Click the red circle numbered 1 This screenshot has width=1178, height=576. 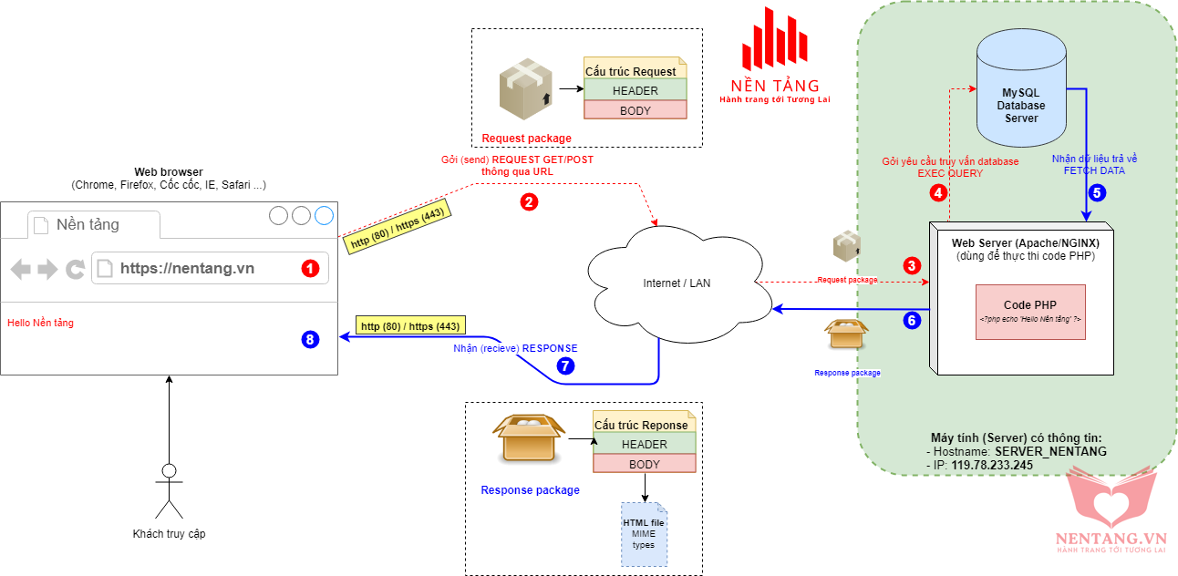tap(310, 268)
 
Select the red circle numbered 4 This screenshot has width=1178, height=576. tap(937, 193)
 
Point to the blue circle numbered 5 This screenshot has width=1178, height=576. tap(1097, 192)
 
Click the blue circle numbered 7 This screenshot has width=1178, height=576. tap(565, 365)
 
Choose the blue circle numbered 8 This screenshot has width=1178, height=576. tap(310, 340)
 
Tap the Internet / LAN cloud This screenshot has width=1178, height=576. tap(676, 283)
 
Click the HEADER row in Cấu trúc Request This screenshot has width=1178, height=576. tap(635, 90)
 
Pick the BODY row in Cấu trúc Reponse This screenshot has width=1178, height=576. tap(644, 464)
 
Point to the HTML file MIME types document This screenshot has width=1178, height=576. tap(644, 533)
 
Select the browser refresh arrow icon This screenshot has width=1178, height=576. tap(75, 269)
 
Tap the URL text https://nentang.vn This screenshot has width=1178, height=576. tap(187, 268)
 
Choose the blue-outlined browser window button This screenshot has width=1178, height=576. tap(324, 216)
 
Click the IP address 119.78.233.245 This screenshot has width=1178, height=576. tap(992, 465)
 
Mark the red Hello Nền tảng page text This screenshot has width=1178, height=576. tap(40, 323)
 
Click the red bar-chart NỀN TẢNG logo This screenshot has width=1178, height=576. tap(774, 42)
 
